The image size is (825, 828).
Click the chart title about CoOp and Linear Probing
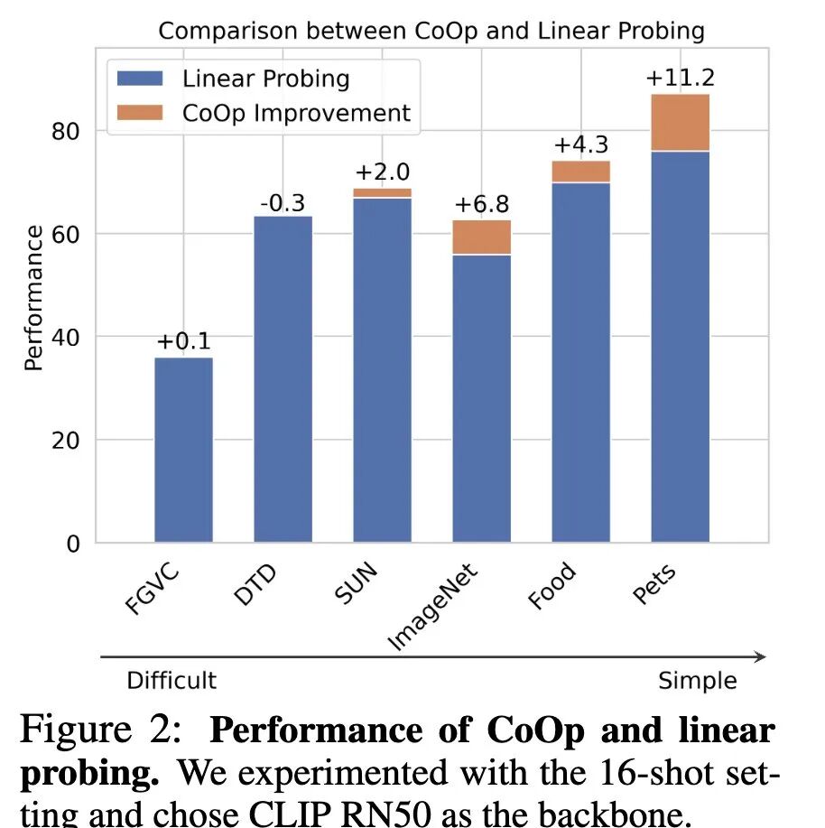tap(431, 30)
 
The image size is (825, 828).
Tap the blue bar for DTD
tap(283, 379)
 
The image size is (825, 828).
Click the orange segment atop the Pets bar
tap(680, 123)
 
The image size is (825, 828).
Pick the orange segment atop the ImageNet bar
tap(481, 237)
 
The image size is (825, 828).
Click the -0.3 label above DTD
tap(283, 203)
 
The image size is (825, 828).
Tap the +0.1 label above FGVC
tap(183, 342)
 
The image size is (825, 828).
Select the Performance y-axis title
tap(33, 298)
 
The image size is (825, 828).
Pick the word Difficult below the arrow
tap(171, 680)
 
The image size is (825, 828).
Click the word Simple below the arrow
tap(697, 680)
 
